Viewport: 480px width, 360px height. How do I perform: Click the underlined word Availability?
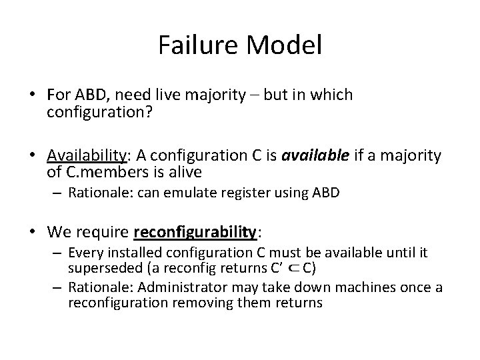point(85,156)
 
